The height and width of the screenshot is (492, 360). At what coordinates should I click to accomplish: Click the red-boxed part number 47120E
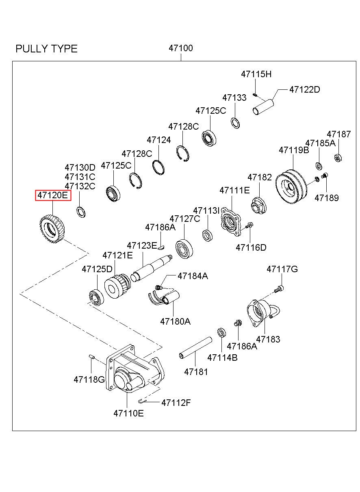[53, 195]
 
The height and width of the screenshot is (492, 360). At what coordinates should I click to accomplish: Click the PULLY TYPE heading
[46, 49]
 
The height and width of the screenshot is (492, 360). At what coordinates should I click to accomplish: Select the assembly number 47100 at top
[181, 48]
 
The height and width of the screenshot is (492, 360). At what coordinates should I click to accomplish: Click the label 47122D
[304, 89]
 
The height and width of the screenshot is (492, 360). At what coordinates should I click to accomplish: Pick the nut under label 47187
[337, 157]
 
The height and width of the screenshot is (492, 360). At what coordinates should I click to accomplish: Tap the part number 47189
[326, 198]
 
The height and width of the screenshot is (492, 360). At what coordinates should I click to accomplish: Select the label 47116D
[251, 247]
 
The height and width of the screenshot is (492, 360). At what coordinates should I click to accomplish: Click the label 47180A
[175, 321]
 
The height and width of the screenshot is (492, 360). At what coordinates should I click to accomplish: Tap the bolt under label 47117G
[279, 289]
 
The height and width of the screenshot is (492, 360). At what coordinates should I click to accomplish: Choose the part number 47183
[268, 339]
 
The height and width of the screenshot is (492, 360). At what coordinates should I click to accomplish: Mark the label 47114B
[222, 358]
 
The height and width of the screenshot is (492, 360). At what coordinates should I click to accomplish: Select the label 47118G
[89, 379]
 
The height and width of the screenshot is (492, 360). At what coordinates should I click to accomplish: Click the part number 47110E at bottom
[128, 414]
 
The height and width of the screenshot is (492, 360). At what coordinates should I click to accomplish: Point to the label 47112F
[176, 403]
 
